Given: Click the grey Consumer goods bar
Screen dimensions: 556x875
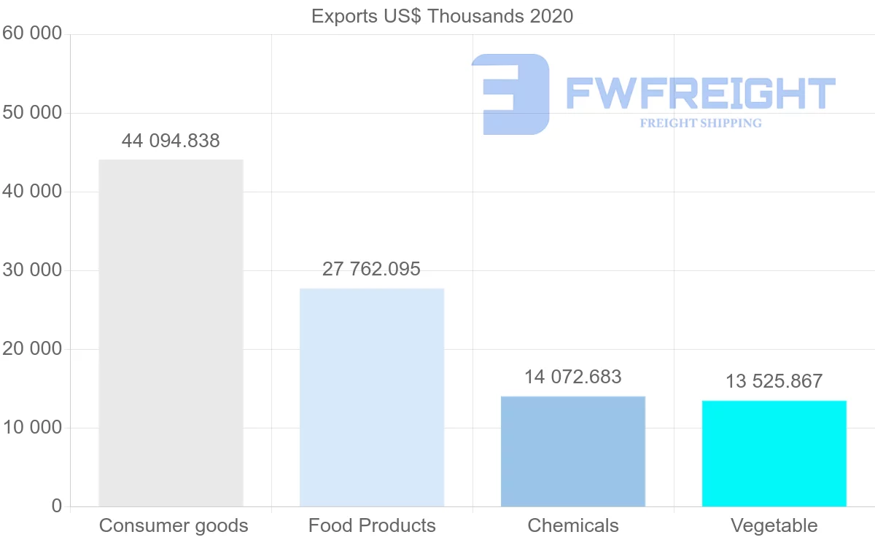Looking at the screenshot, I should pyautogui.click(x=171, y=332).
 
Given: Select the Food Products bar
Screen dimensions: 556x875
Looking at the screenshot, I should pyautogui.click(x=372, y=397).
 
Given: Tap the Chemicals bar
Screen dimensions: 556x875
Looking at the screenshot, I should pyautogui.click(x=573, y=451).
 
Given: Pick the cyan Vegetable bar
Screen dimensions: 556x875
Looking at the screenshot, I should pyautogui.click(x=774, y=453).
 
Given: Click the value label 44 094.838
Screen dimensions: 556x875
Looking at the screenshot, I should pyautogui.click(x=171, y=141).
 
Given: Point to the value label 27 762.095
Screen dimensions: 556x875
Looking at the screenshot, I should pyautogui.click(x=372, y=269).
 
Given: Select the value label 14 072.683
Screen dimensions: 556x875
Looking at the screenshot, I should pyautogui.click(x=573, y=377).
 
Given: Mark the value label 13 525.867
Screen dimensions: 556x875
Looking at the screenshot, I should pyautogui.click(x=774, y=381).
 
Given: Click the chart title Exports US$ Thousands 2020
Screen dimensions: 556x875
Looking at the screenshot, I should pyautogui.click(x=443, y=15).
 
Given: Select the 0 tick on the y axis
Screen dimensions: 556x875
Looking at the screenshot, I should pyautogui.click(x=57, y=506).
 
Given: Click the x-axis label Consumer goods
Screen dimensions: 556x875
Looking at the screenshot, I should pyautogui.click(x=174, y=525).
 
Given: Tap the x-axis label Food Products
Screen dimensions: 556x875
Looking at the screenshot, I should pyautogui.click(x=372, y=525).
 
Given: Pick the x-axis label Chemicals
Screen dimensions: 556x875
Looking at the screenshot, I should pyautogui.click(x=573, y=525).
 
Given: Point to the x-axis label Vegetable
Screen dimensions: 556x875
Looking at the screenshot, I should pyautogui.click(x=774, y=525).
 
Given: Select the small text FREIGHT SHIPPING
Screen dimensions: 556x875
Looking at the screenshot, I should pyautogui.click(x=701, y=123).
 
